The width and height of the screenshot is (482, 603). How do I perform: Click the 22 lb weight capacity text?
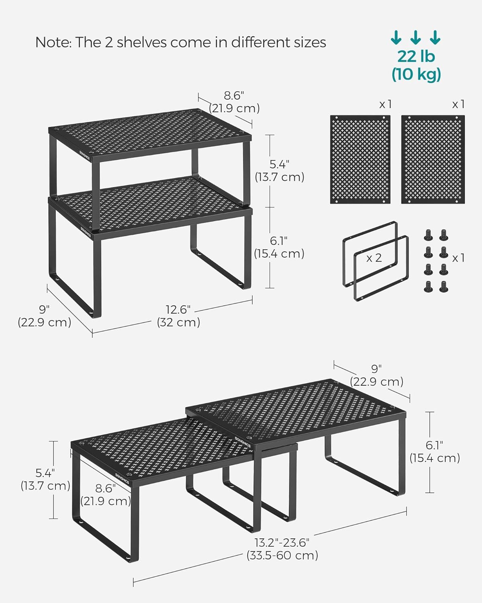coord(416,56)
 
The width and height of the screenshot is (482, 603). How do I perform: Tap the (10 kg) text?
coord(416,74)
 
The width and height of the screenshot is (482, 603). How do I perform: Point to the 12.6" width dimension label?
coord(178,310)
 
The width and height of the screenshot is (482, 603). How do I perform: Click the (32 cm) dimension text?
coord(178,322)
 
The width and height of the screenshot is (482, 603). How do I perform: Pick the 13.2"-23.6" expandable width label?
coord(282,543)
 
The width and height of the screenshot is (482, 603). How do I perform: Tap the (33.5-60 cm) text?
coord(282,556)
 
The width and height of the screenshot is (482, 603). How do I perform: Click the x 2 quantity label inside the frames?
coord(374,258)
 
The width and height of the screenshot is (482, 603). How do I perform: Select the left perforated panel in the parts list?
coord(360,160)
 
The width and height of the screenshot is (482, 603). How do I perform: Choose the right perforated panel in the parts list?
coord(433,160)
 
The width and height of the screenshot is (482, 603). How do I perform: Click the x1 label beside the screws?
coord(458,258)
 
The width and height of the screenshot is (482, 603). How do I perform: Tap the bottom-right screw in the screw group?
coord(443,286)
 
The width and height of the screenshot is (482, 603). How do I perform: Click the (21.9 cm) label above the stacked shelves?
coord(234,109)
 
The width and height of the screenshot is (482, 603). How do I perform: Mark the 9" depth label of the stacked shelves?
coord(44,310)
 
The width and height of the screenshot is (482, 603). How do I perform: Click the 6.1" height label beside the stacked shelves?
coord(279,241)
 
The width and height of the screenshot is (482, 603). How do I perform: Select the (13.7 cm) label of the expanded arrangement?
coord(45,486)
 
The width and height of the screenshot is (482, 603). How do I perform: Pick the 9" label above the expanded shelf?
coord(376,369)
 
